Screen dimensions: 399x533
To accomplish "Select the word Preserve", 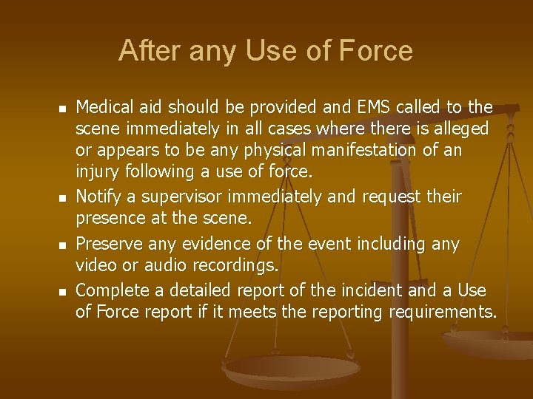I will [109, 243].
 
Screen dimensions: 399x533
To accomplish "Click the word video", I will [93, 265].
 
